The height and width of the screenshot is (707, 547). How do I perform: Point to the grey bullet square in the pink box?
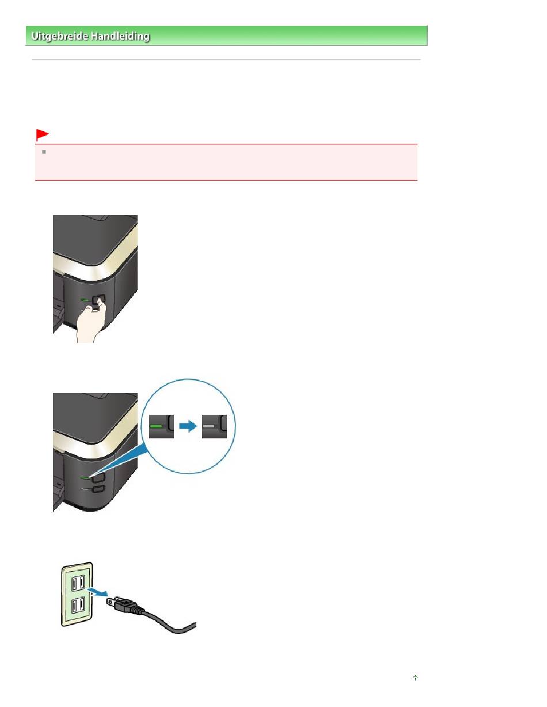[x=43, y=154]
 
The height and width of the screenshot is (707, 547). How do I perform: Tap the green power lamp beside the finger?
[x=85, y=300]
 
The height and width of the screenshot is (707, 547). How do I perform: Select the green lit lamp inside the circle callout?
[x=157, y=426]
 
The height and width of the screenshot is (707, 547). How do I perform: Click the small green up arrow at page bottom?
[x=415, y=679]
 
